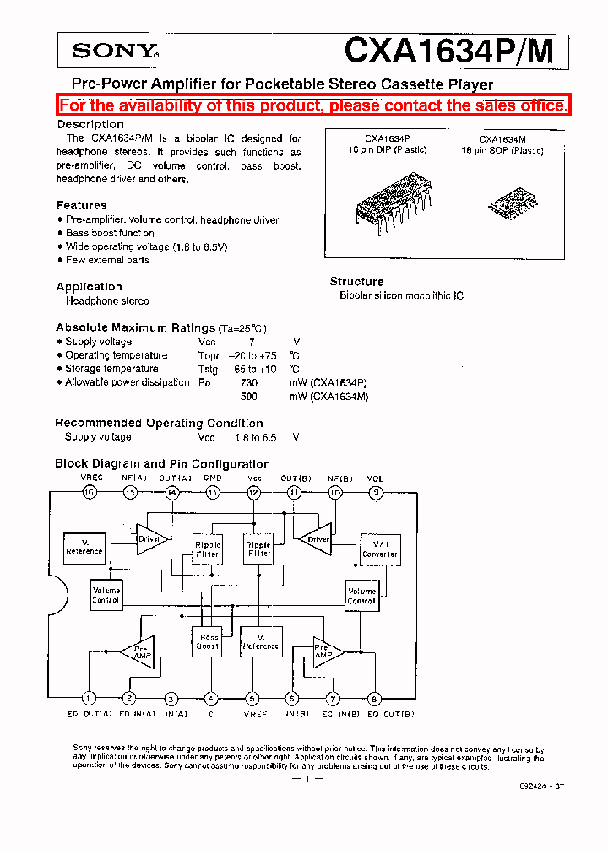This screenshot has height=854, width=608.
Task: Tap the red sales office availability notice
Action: click(313, 106)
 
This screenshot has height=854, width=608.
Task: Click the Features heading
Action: click(81, 205)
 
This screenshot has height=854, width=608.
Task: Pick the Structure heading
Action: click(356, 282)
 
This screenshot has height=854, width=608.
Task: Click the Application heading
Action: click(89, 287)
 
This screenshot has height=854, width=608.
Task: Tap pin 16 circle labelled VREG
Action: click(89, 493)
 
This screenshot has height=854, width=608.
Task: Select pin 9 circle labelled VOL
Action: click(376, 493)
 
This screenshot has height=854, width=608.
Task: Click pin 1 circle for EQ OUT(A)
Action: click(88, 698)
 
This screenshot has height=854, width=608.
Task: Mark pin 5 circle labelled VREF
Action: click(252, 698)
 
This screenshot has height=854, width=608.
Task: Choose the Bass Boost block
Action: click(208, 641)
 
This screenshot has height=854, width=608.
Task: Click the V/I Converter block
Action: click(379, 549)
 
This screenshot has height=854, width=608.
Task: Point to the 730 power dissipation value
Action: click(248, 383)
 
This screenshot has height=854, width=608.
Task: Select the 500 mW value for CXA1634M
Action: click(248, 396)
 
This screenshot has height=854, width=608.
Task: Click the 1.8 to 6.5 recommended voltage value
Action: click(256, 437)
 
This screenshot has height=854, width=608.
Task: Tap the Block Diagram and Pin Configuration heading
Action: click(162, 464)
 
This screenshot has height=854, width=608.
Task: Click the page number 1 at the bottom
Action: click(307, 779)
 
